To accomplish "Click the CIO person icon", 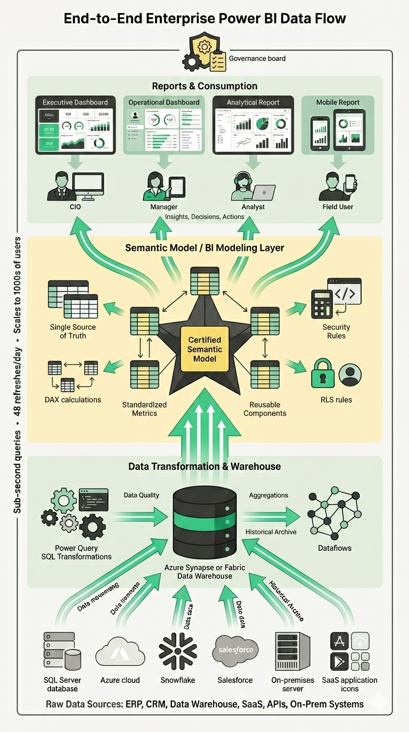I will click(x=59, y=186).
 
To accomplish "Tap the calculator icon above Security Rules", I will click(x=322, y=304).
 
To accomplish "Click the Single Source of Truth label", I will click(x=73, y=331).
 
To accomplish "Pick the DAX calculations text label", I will click(x=73, y=400).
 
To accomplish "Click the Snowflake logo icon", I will click(x=178, y=651).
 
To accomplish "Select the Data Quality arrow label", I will click(x=141, y=495).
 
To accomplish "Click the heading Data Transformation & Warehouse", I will click(x=204, y=467).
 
